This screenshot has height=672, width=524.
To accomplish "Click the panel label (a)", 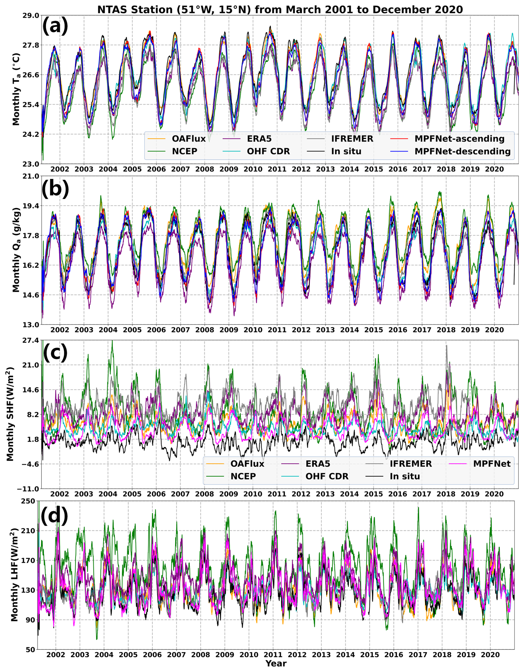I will [55, 27].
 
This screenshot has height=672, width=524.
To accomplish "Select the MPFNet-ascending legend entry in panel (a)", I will [459, 139].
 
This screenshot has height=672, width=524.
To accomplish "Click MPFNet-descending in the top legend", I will [463, 151].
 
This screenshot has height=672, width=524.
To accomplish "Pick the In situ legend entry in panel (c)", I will [405, 477].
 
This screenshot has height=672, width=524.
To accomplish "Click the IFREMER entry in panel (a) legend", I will [352, 139].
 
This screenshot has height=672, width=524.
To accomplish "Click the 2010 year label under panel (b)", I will [253, 330].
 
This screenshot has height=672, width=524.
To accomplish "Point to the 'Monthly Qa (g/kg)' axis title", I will [16, 250].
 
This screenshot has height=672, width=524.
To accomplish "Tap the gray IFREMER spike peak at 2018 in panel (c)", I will [446, 346].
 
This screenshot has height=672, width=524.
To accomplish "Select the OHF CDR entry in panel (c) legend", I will [327, 477].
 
